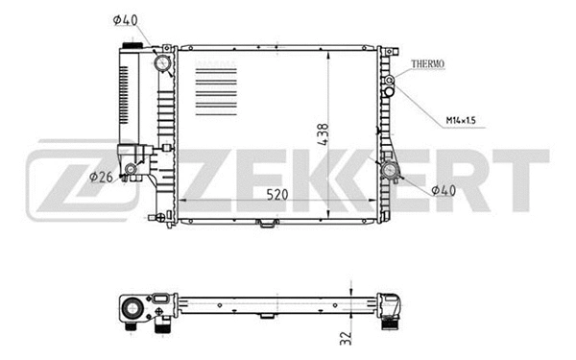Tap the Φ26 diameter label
pos(103,176)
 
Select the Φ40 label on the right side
pos(443,190)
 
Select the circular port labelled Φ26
pos(141,173)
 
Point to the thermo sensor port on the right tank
pos(390,83)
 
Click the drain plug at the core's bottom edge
pos(264,226)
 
